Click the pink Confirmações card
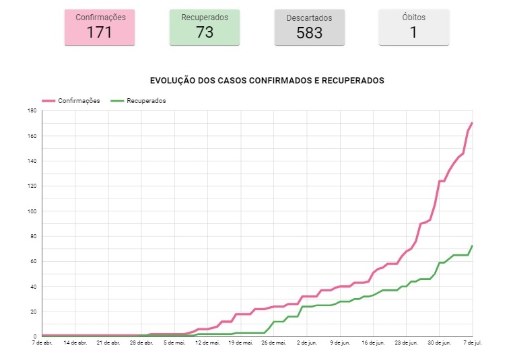pos(99,27)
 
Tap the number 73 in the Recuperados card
pos(205,32)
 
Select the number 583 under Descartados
pos(309,32)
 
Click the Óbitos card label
pos(413,17)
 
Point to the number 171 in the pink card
pos(99,32)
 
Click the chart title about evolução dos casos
pos(267,80)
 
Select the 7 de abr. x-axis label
pos(42,342)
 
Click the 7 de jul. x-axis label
pos(473,342)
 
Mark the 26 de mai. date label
pos(274,342)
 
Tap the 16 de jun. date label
pos(373,342)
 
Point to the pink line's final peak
pos(472,122)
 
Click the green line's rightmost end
pos(472,246)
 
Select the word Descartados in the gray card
pos(309,17)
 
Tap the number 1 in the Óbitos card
pos(413,32)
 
